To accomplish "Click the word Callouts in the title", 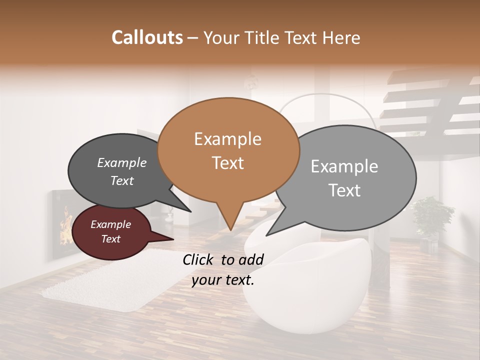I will (x=147, y=37).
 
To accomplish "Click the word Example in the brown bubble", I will (x=227, y=139).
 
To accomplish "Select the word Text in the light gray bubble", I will (x=345, y=190).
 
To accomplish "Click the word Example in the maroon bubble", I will (x=110, y=224).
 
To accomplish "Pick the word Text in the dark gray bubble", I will (x=121, y=180).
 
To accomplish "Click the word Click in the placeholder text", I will (x=199, y=259).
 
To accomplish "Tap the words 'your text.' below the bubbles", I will (x=223, y=280).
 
